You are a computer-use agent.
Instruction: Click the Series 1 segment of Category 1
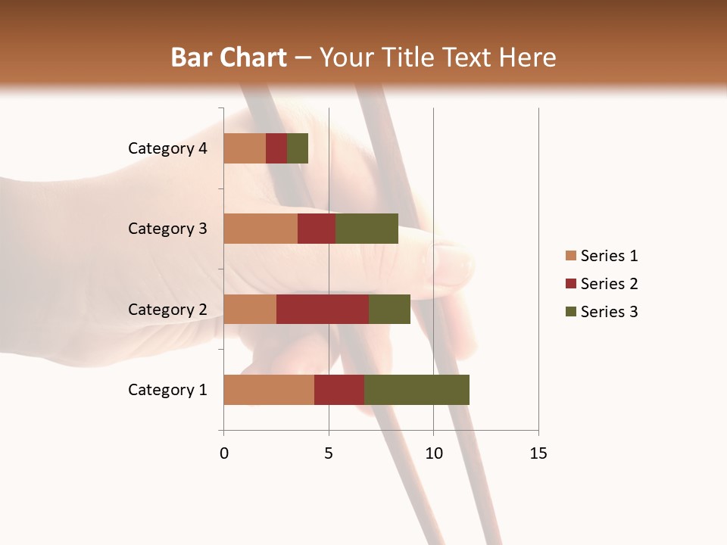point(269,390)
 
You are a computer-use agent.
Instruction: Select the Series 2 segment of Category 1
point(339,390)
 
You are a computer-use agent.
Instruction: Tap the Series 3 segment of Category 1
point(417,390)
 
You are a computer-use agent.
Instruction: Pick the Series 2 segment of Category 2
point(323,309)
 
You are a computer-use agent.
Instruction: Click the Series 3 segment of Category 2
point(389,309)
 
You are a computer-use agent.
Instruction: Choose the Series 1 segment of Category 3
point(261,229)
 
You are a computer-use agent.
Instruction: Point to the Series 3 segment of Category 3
point(367,229)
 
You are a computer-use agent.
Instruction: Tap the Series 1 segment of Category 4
point(245,148)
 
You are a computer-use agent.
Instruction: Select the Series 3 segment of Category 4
point(298,148)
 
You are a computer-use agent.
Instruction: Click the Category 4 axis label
point(167,148)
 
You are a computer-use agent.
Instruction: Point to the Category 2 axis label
point(167,309)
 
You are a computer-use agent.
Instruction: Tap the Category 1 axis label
point(167,390)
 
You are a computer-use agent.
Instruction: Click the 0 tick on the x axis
point(224,453)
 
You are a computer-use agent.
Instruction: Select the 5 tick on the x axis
point(329,453)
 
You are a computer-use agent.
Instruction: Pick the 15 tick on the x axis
point(538,453)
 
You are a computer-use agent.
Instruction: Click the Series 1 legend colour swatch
point(570,256)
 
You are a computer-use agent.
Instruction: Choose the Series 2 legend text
point(609,284)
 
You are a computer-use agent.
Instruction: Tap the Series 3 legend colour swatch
point(570,312)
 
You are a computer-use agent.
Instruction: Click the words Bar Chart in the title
point(229,58)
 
